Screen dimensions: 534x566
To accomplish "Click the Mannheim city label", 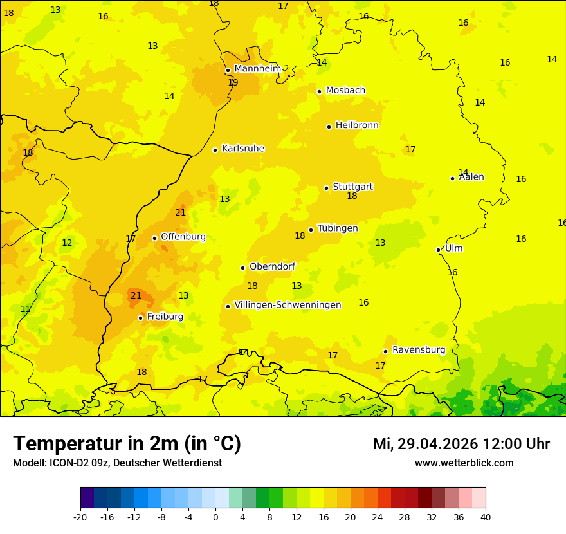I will click(x=257, y=69).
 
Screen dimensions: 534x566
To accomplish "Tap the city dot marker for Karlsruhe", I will click(x=215, y=150).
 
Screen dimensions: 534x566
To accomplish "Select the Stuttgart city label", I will click(x=352, y=187).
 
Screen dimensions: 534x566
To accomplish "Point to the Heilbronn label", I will click(x=357, y=125).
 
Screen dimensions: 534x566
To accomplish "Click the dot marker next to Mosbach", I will click(x=319, y=91).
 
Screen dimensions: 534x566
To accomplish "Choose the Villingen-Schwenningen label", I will click(x=288, y=305).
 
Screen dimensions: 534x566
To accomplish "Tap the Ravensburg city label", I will click(x=419, y=350).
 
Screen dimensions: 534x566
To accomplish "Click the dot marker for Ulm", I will click(x=438, y=250).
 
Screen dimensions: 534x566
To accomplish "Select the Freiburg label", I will click(x=165, y=317).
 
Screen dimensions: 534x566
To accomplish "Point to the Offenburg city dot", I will click(x=154, y=238).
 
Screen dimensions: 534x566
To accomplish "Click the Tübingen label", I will click(x=338, y=228).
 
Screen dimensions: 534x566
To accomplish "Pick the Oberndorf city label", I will click(x=273, y=266).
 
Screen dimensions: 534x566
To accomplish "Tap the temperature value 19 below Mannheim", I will click(x=233, y=82).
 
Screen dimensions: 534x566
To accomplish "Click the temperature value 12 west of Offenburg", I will click(x=67, y=243).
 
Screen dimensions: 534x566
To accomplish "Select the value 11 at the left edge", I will click(x=25, y=309).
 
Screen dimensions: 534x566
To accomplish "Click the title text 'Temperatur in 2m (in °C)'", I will click(x=127, y=443).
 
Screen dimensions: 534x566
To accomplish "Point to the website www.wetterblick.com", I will click(x=464, y=463).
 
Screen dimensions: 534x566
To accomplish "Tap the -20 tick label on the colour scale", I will click(x=80, y=517).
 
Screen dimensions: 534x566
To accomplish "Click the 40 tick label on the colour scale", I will click(x=486, y=517).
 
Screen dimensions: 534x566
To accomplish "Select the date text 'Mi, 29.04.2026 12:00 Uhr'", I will click(x=461, y=444).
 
